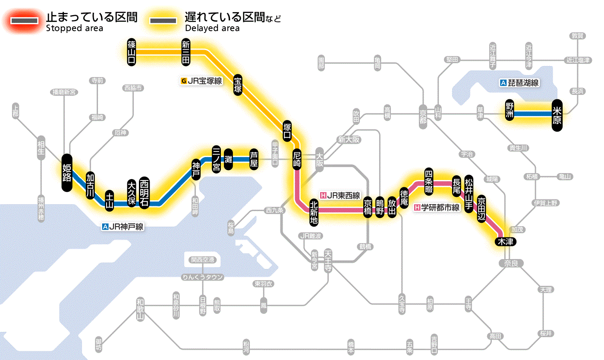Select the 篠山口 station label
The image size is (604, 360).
[132, 52]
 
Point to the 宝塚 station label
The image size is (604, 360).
[238, 85]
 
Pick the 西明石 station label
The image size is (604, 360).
[144, 193]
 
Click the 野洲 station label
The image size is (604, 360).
[510, 111]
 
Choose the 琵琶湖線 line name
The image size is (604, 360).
[520, 83]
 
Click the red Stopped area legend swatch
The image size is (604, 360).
[25, 21]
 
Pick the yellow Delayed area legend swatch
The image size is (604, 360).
[164, 21]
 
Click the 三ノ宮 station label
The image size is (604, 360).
[217, 159]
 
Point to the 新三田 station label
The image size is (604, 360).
[186, 52]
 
